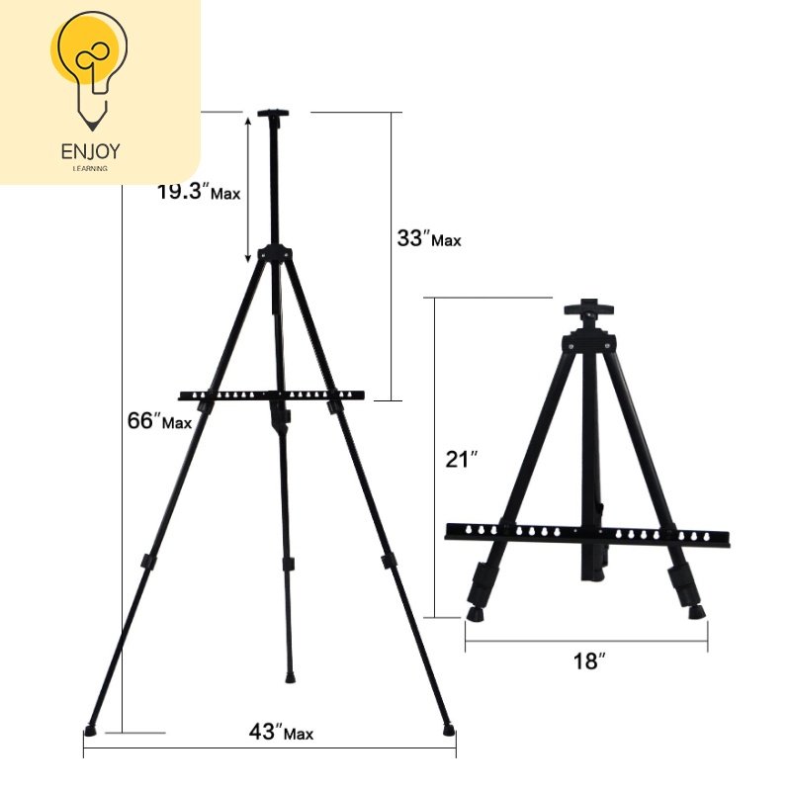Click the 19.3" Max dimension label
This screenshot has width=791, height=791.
199,192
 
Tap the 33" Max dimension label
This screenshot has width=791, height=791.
429,238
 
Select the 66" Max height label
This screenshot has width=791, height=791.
159,421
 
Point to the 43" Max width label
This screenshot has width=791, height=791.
281,732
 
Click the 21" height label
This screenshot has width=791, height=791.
461,459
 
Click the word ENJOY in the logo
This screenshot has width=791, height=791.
91,151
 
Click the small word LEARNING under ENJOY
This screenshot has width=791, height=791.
90,168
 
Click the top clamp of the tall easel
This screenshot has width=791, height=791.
273,115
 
